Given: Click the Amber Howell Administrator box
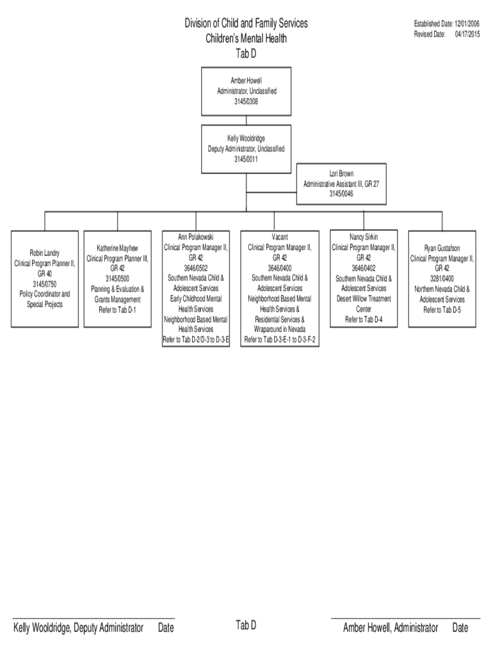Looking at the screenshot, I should point(246,91).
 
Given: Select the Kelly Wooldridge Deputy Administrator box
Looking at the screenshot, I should point(246,149).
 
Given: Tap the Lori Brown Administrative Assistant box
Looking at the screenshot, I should point(341,183).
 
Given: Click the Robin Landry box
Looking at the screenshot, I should point(44,279).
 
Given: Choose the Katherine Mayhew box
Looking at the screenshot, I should point(117,279).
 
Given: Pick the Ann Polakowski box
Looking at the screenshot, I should point(196,288).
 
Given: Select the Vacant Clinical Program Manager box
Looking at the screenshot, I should point(280,288).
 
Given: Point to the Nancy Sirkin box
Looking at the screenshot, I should point(363,279).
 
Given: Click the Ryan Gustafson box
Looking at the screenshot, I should point(442,279).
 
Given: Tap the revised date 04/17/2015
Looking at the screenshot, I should point(467,34).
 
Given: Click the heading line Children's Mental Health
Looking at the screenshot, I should point(246,38).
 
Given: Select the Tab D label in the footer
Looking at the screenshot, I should point(246,626).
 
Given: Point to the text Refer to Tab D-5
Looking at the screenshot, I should point(442,310).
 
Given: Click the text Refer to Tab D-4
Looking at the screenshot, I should point(363,319).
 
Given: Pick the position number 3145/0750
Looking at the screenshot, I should point(44,283).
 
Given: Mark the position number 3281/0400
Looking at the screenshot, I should point(442,279).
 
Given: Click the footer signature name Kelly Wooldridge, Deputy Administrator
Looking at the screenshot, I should point(78,628).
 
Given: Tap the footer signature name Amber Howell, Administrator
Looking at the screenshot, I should point(391,628).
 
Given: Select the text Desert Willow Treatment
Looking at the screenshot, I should point(363,299).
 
